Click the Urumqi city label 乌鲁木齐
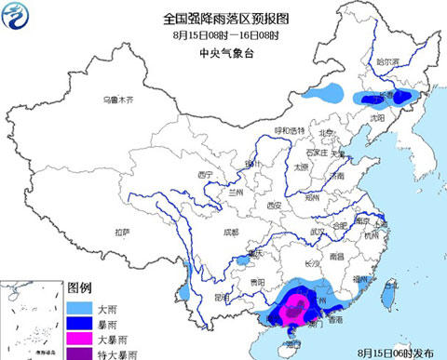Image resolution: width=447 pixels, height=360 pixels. pyautogui.click(x=119, y=99)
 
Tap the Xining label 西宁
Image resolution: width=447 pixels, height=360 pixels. pyautogui.click(x=206, y=174)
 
